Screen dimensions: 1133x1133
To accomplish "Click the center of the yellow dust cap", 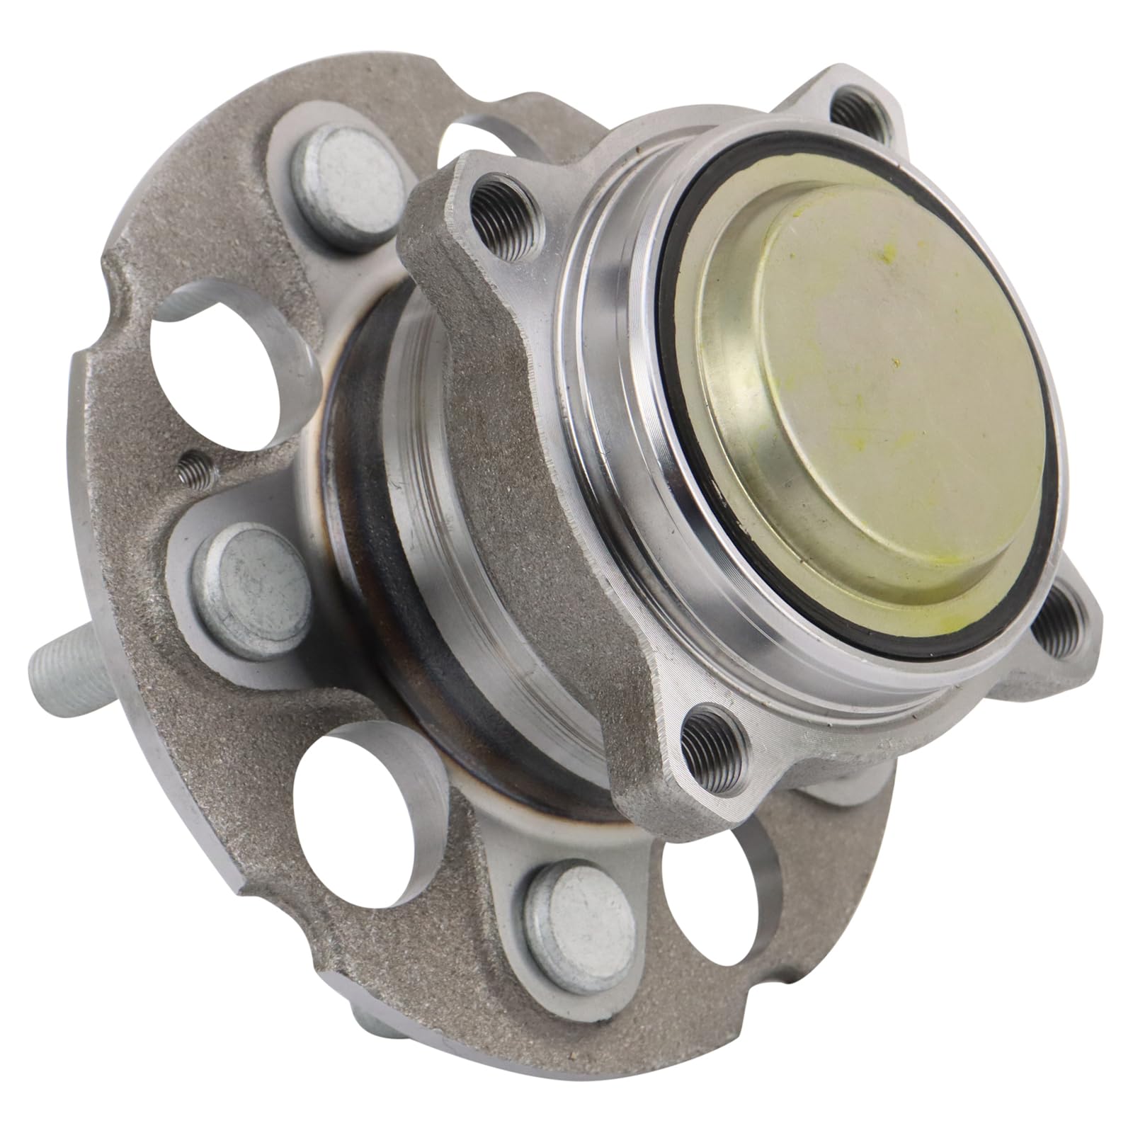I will [x=867, y=397].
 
